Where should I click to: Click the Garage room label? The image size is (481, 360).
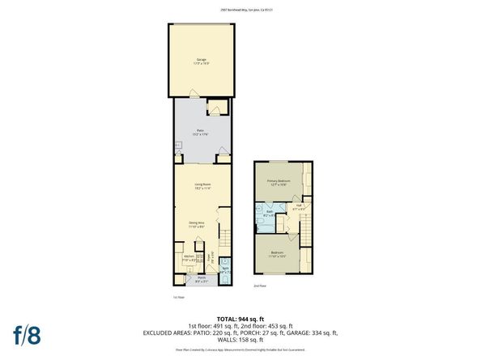pos(201,60)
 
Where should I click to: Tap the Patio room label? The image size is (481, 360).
pos(201,131)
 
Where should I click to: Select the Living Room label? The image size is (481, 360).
pos(202,185)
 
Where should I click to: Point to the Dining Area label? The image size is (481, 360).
pos(197,223)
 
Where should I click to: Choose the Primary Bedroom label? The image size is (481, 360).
pos(279,182)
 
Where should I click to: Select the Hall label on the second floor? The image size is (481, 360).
pos(298,205)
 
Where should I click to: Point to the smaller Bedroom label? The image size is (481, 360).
pos(279,252)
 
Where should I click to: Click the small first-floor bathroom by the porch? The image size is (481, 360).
pos(225,271)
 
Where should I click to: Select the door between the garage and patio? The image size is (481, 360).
pos(192,93)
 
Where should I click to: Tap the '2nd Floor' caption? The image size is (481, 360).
pos(259,286)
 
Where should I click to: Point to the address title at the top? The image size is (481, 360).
pos(240,11)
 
